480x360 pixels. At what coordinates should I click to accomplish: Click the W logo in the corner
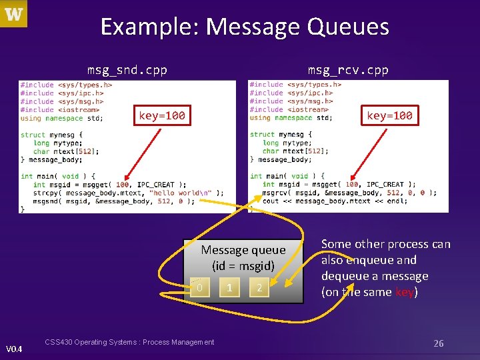point(13,14)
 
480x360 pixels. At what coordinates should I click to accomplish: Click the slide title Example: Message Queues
point(245,27)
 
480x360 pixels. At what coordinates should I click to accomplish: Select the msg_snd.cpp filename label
point(127,69)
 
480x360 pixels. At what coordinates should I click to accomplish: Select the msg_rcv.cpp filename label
point(347,69)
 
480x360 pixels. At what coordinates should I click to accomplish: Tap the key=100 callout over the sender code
point(161,116)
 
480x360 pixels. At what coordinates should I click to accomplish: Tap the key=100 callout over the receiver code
point(389,115)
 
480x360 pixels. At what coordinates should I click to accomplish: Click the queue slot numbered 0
point(199,288)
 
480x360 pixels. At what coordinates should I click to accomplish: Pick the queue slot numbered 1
point(229,288)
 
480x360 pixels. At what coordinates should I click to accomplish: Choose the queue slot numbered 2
point(259,288)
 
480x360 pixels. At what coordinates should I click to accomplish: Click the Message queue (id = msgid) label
point(243,257)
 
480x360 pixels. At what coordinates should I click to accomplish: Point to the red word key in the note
point(404,292)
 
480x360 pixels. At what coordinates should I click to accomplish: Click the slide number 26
point(438,343)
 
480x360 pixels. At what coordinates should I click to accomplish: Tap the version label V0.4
point(14,349)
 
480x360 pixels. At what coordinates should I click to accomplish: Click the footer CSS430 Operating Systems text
point(129,342)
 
